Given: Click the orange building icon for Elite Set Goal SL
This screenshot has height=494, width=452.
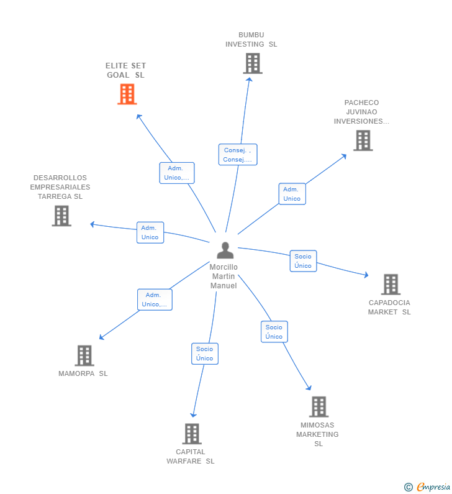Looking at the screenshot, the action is point(127,94).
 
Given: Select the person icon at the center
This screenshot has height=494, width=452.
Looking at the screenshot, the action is point(225,250).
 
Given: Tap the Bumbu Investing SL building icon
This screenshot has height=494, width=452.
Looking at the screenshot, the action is point(252,63).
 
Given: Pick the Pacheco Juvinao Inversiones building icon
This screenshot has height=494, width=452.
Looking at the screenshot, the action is point(363,140).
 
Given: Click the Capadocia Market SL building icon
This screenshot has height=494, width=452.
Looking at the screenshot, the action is point(390,285).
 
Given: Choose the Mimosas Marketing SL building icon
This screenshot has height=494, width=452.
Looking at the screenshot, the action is point(319,407).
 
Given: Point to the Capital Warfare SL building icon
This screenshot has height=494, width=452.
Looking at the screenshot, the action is point(192,434).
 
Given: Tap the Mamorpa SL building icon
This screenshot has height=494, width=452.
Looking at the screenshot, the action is point(84,356).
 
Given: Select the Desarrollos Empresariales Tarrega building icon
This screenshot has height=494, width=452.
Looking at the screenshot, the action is point(61,216).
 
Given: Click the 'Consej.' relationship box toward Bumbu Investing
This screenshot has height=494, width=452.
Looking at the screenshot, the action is point(238,155).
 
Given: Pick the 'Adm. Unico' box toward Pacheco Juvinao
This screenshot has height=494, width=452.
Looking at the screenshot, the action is point(292,194).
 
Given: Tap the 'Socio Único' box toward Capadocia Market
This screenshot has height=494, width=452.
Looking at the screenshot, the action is point(303,261).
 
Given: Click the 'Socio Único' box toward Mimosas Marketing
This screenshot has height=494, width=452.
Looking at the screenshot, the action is point(274,332).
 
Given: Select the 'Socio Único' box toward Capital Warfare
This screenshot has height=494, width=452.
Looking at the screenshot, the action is point(204,354).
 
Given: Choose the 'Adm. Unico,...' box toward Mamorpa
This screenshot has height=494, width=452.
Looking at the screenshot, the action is point(155,300).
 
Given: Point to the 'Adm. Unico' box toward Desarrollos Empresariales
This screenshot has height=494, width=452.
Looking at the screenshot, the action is point(150,232).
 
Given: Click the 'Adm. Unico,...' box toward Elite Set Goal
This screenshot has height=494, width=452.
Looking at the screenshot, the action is point(177,173).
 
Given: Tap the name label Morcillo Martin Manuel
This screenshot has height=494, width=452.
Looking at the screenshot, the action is point(224,277).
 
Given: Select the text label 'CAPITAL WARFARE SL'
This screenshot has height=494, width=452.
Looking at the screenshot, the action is point(191,457).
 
